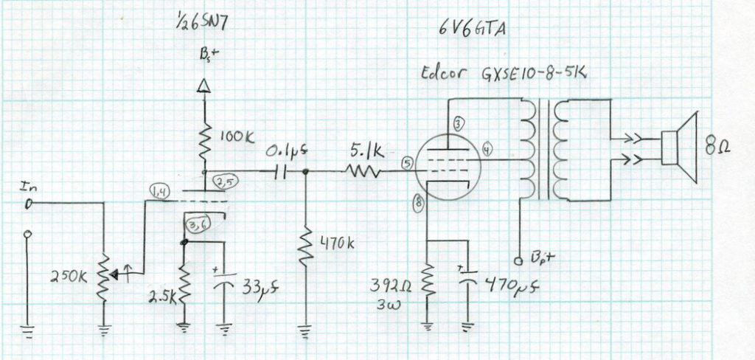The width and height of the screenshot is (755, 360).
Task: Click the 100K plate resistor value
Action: pyautogui.click(x=237, y=137)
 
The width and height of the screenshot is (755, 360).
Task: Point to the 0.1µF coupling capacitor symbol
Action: pyautogui.click(x=280, y=171)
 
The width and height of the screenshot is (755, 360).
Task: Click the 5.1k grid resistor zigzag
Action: pyautogui.click(x=362, y=170)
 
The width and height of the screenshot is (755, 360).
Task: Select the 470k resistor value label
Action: pyautogui.click(x=336, y=243)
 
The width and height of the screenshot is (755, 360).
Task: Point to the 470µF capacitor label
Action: pyautogui.click(x=511, y=285)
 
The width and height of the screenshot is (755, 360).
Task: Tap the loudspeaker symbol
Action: pyautogui.click(x=679, y=148)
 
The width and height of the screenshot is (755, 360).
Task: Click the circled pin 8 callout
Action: pyautogui.click(x=419, y=204)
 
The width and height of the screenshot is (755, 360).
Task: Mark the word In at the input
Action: pyautogui.click(x=27, y=186)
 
